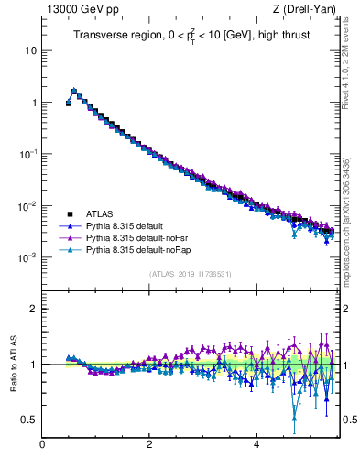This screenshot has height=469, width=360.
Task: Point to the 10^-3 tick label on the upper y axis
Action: click(x=27, y=257)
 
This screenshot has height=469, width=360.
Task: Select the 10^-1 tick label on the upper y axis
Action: click(x=27, y=154)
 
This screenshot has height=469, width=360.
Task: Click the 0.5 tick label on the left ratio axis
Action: click(x=28, y=420)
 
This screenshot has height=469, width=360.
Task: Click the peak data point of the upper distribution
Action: click(x=74, y=91)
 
